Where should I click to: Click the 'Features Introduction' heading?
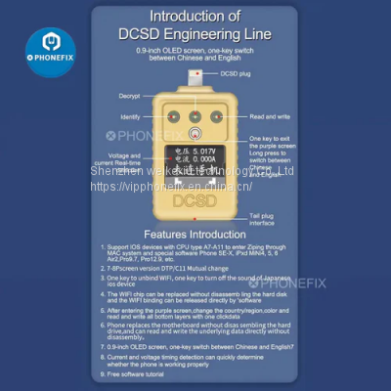(x=195, y=236)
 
